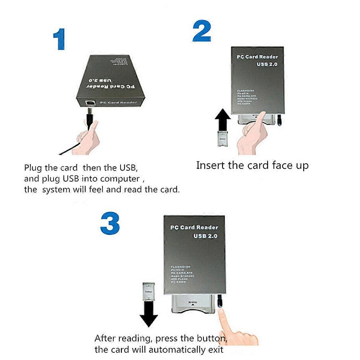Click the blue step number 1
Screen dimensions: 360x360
(x=60, y=39)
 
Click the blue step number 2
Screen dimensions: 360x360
(x=202, y=31)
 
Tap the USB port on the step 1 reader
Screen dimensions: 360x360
(x=89, y=103)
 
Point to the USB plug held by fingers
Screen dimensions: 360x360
(x=90, y=118)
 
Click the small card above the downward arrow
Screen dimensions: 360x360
(x=149, y=291)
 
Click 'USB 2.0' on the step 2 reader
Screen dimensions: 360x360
(x=267, y=64)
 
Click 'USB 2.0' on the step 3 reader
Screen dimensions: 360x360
(x=205, y=236)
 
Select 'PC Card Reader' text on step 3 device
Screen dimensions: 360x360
(x=194, y=227)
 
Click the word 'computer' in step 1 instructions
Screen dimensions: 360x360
(x=120, y=179)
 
